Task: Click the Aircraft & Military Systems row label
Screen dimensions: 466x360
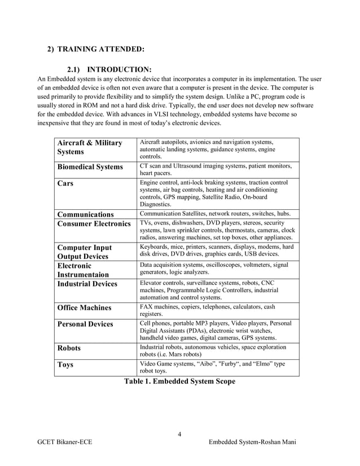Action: coord(90,147)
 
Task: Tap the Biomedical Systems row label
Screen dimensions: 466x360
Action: coord(90,167)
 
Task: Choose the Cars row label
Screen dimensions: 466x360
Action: coord(65,183)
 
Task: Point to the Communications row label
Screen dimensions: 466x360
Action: coord(85,214)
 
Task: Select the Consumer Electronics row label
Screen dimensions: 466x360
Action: coord(94,224)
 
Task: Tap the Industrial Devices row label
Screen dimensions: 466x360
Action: coord(87,284)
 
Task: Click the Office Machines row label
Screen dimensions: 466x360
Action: coord(84,308)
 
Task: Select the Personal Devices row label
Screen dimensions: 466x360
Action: coord(85,324)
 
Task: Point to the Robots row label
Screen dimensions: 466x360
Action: coord(69,348)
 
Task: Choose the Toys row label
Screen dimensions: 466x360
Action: coord(65,364)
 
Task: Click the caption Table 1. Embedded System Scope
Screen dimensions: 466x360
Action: coord(179,381)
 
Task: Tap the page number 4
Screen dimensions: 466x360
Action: coord(179,434)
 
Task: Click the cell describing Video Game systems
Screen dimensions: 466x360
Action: coord(212,368)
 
